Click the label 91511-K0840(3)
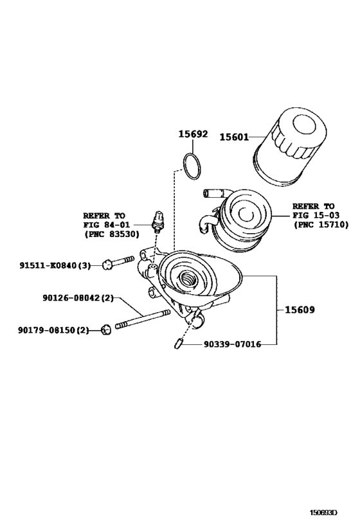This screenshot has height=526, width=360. tap(59, 265)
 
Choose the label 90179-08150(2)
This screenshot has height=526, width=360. tap(54, 330)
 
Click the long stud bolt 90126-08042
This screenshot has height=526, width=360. tap(142, 319)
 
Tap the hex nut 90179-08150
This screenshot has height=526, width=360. tap(106, 330)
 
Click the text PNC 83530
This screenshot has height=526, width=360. tap(111, 234)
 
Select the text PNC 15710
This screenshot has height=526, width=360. tap(321, 225)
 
